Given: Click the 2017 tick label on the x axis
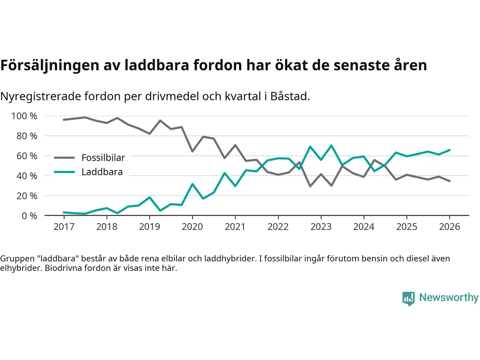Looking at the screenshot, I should tap(64, 226).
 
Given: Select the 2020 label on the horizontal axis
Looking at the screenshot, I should tap(192, 226).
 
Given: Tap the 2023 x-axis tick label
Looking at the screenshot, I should tap(321, 226).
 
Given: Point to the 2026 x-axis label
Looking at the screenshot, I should tap(449, 226).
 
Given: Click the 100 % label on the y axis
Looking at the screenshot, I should tap(24, 116).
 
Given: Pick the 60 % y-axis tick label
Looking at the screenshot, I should tap(27, 156).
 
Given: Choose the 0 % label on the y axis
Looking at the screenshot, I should tap(29, 216).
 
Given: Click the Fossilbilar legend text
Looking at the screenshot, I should tap(103, 158).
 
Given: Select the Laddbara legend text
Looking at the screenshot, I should tap(102, 172).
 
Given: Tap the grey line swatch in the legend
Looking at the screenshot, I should tap(64, 158).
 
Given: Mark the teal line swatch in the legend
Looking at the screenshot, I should tap(64, 172).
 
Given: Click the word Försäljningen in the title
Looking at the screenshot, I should tap(50, 65).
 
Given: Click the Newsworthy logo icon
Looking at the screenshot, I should tap(408, 298).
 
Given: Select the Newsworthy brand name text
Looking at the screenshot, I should tap(449, 297).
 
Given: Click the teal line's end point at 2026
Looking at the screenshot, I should tap(450, 150).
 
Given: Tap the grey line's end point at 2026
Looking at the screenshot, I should tap(450, 181).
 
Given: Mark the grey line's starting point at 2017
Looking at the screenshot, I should tap(64, 120).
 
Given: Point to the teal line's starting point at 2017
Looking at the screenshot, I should tap(64, 212).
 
